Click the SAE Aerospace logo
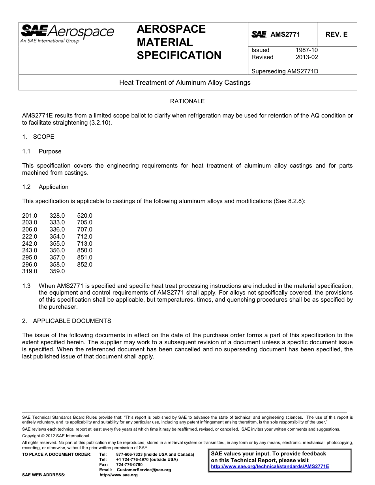coord(67,33)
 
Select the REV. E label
coord(336,34)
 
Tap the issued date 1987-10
coord(306,50)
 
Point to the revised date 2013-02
coord(306,57)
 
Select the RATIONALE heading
coord(187,101)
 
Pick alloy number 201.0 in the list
coord(30,216)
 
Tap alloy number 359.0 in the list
coord(57,271)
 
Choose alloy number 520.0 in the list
coord(85,216)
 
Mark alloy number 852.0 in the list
coord(85,265)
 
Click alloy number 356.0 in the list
coord(57,250)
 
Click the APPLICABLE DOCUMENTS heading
coord(72,321)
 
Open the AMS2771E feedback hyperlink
coord(270,466)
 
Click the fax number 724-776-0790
coord(129,465)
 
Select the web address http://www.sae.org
coord(119,475)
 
